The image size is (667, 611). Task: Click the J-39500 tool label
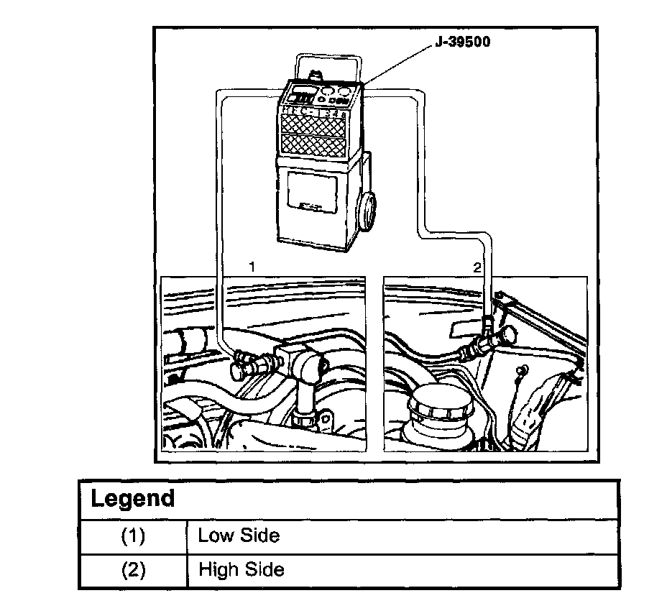(463, 42)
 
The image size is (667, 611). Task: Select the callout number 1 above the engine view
(252, 267)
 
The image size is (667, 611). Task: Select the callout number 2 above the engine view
(476, 267)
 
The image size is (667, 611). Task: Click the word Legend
(133, 499)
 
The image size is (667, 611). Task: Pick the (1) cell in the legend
(133, 536)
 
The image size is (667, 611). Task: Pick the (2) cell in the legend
(133, 570)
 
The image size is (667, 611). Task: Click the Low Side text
(239, 536)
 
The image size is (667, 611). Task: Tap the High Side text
(241, 570)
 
